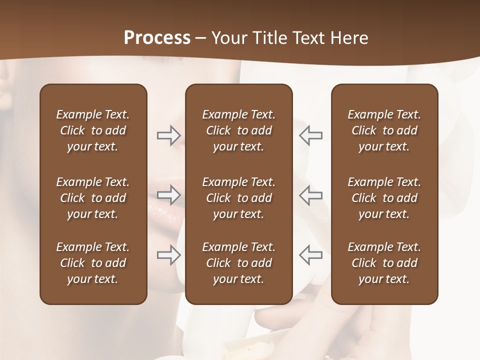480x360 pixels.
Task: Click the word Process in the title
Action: coord(157,38)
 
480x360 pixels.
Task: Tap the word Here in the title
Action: coord(348,38)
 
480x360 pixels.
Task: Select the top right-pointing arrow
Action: coord(169,135)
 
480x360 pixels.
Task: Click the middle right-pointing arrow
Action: coord(169,195)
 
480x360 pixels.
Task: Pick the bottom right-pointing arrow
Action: coord(169,254)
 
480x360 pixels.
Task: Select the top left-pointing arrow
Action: coord(310,135)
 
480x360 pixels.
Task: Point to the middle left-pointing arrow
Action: coord(310,195)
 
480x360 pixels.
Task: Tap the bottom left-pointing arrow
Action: coord(310,254)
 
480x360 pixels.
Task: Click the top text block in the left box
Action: coord(93,130)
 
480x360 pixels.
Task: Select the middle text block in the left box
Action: coord(93,198)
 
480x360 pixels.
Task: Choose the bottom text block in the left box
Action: coord(93,263)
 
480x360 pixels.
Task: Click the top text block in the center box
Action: coord(238,130)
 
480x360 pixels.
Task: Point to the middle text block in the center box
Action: coord(238,198)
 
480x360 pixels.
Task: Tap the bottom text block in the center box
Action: coord(238,263)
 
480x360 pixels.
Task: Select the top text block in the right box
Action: coord(384,130)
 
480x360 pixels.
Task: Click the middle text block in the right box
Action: coord(384,198)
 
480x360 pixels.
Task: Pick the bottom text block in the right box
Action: coord(384,263)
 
